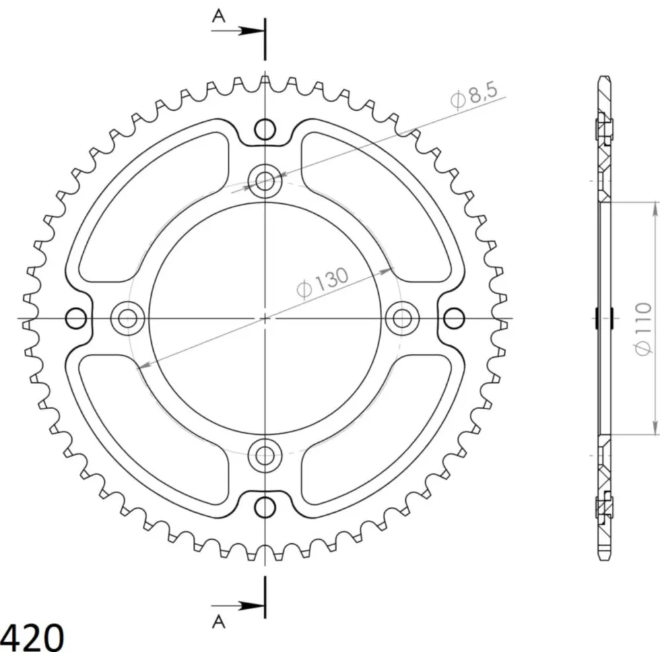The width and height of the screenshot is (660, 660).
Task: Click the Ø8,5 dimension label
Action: click(x=474, y=96)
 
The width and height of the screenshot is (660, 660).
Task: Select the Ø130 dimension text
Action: click(x=323, y=282)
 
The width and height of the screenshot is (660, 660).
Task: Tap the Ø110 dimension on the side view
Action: click(x=642, y=329)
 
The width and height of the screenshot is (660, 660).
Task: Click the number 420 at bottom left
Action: click(x=32, y=637)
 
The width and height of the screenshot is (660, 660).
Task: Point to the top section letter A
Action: click(x=218, y=16)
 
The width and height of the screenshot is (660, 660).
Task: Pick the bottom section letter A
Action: click(x=218, y=622)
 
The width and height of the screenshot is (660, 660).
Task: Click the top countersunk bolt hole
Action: click(x=265, y=181)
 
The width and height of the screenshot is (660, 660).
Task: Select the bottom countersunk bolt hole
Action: click(x=265, y=455)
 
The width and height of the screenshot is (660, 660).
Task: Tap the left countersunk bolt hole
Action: click(x=127, y=318)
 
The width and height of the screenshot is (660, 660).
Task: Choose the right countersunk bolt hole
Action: click(x=402, y=318)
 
